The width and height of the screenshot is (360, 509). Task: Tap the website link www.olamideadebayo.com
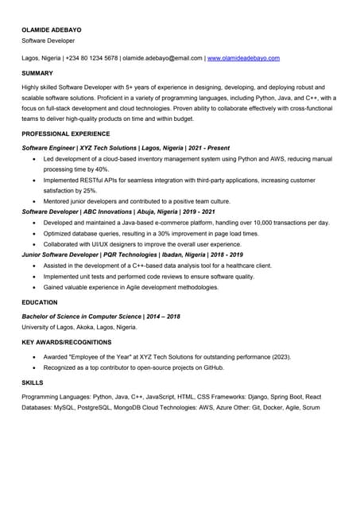pyautogui.click(x=243, y=58)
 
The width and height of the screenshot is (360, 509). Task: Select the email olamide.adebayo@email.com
pyautogui.click(x=162, y=58)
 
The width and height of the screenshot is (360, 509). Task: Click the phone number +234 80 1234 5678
pyautogui.click(x=91, y=58)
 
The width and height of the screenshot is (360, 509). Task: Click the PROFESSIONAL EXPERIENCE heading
pyautogui.click(x=66, y=134)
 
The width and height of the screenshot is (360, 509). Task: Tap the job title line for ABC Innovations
pyautogui.click(x=118, y=212)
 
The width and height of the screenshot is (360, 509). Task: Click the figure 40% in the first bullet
pyautogui.click(x=102, y=169)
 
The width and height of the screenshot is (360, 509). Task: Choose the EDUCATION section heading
pyautogui.click(x=40, y=302)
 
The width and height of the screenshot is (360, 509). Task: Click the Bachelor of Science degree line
pyautogui.click(x=101, y=317)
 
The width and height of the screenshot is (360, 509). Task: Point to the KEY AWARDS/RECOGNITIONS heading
pyautogui.click(x=67, y=342)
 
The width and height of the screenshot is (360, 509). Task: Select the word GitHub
pyautogui.click(x=212, y=367)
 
